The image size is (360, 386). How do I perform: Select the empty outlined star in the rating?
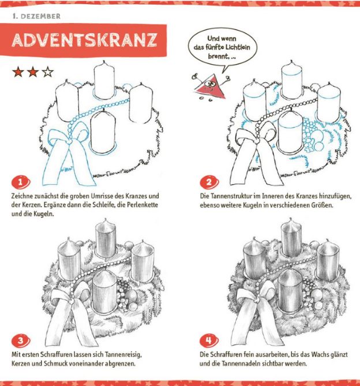click(x=47, y=72)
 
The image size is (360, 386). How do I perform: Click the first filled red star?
click(x=18, y=72)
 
